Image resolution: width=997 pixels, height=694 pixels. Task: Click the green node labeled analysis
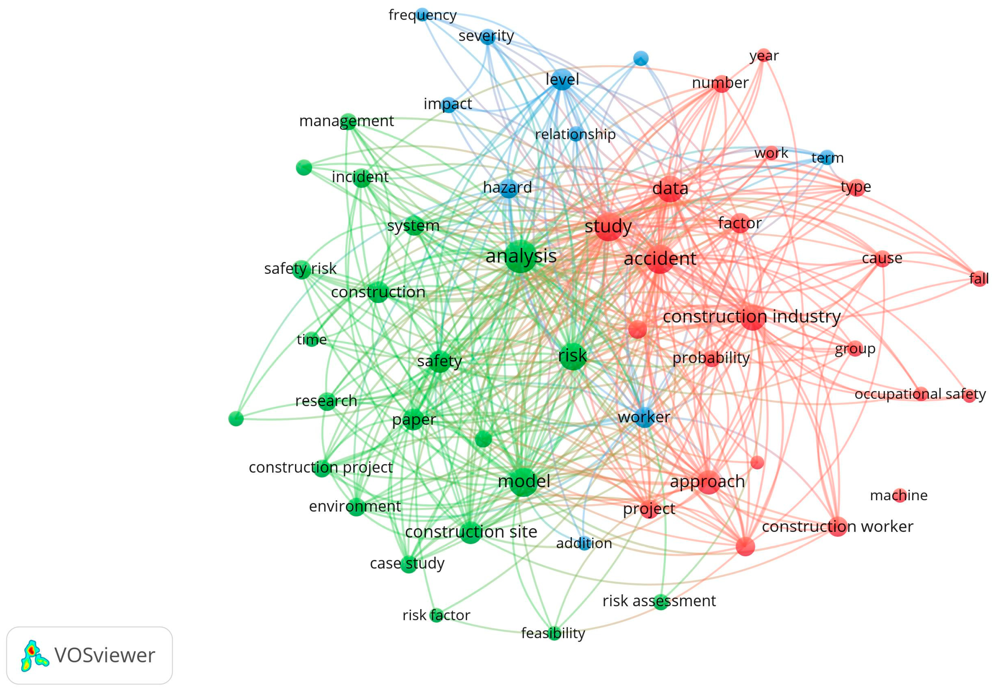[x=520, y=256]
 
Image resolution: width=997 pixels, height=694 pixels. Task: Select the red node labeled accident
[x=660, y=259]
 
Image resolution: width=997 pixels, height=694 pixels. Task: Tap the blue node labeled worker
[x=645, y=417]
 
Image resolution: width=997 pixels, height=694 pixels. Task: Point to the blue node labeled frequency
[x=422, y=14]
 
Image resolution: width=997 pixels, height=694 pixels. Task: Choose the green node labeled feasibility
[x=554, y=634]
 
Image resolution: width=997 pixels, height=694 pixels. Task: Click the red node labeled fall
[x=979, y=278]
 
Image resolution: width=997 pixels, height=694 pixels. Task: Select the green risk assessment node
[x=660, y=601]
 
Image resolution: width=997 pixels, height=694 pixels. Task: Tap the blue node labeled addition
[x=585, y=544]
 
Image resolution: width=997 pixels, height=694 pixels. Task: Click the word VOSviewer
[x=105, y=656]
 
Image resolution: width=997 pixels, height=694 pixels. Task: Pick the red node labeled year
[x=764, y=55]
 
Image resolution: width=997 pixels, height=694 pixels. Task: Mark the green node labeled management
[x=348, y=121]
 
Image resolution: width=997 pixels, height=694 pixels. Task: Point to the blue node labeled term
[x=827, y=157]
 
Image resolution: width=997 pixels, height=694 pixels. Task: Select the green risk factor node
[x=436, y=615]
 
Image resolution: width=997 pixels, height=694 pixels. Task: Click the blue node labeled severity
[x=488, y=37]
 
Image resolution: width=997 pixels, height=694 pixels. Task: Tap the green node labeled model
[x=524, y=482]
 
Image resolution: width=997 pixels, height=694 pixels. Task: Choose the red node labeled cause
[x=882, y=259]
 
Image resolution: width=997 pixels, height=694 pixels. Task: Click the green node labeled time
[x=312, y=339]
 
